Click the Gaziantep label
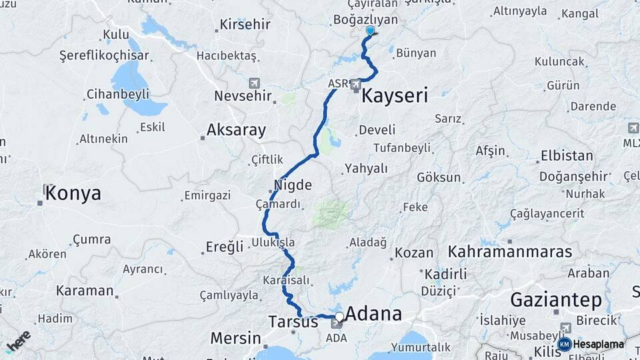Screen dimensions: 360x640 coord(556,299)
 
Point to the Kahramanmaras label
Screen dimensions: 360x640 coord(510,252)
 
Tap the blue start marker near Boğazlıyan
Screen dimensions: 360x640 coord(370,31)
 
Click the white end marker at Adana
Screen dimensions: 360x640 coord(339,316)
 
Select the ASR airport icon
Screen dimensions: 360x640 coord(356,85)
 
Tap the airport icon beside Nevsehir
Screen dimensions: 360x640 coord(254,83)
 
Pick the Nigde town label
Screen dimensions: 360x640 coord(293,185)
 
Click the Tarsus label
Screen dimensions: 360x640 coord(293,321)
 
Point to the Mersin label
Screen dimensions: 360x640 coord(235,338)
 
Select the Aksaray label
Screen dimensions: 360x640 coord(236,129)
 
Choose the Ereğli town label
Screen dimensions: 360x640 coord(224,247)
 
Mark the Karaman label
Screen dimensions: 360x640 coord(85,291)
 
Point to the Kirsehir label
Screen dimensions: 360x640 coord(245,25)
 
